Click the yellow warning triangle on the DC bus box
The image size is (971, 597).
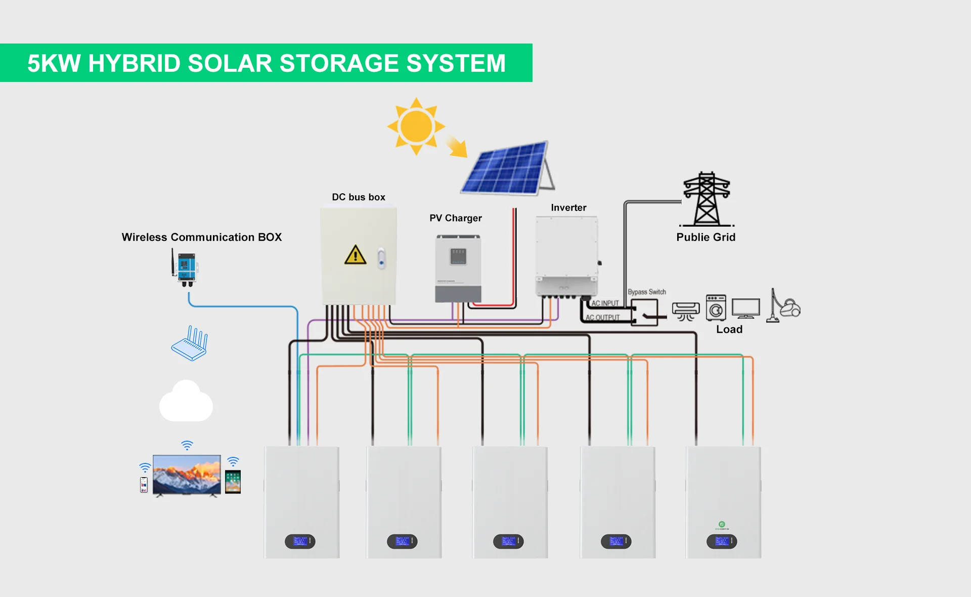click(x=355, y=255)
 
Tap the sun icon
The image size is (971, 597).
click(x=416, y=126)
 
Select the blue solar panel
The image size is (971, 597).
click(x=506, y=168)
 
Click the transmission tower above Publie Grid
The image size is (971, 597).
click(x=707, y=199)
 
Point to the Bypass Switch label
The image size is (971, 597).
click(x=646, y=292)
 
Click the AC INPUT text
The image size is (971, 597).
click(x=605, y=303)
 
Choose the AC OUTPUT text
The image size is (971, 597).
click(x=602, y=318)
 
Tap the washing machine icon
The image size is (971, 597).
click(x=716, y=308)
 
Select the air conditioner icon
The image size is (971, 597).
click(x=686, y=310)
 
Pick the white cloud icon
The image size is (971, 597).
click(x=186, y=402)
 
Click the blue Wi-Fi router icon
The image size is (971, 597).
click(x=190, y=344)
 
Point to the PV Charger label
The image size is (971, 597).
click(x=455, y=218)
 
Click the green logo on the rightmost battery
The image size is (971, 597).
click(x=722, y=525)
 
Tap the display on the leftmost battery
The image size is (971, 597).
click(x=300, y=541)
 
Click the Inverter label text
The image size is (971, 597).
click(x=568, y=207)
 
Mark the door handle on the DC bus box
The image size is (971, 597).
click(x=382, y=259)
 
